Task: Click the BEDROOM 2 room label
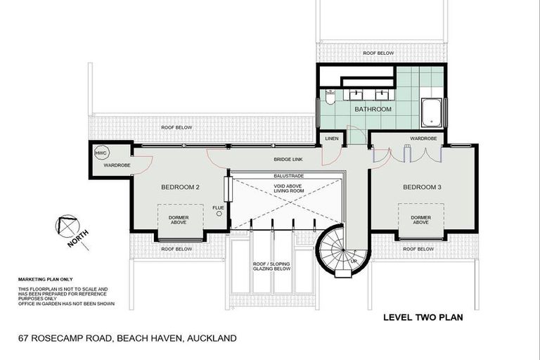181,187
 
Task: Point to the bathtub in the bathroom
431,111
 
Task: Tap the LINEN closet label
332,139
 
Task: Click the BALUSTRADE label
285,175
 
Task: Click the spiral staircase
337,250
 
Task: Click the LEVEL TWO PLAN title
423,317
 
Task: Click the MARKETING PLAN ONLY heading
45,279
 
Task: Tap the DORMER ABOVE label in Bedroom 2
179,220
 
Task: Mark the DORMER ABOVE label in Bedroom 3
420,220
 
